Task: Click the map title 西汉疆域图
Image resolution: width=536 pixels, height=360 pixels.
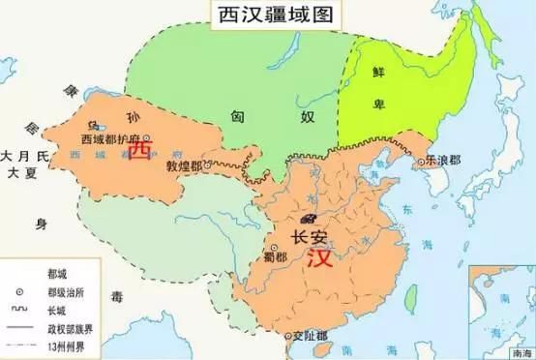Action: click(267, 16)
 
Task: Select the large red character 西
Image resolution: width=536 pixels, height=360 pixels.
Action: click(141, 152)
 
